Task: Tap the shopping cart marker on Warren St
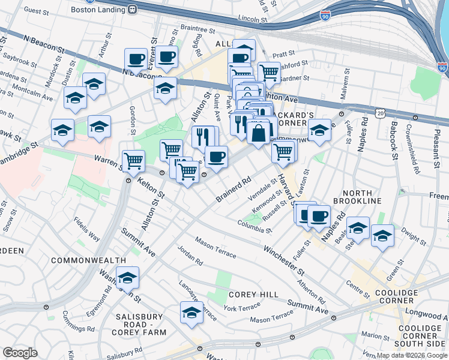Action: pos(133,161)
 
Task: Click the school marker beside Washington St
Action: pos(127,278)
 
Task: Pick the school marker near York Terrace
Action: pos(191,313)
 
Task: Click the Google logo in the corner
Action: pos(20,353)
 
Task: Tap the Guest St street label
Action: pos(36,11)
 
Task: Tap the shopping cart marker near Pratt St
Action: pos(269,73)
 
